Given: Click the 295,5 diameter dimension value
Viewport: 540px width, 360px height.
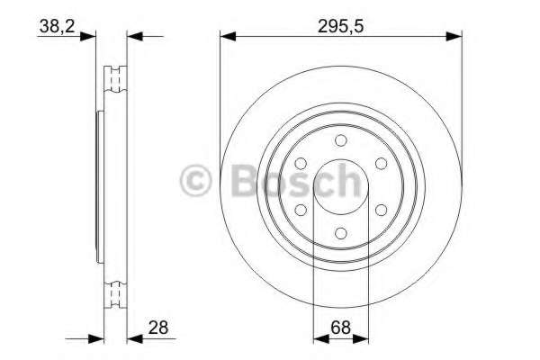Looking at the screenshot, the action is (x=340, y=26).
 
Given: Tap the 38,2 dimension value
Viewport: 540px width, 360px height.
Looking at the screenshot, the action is (x=57, y=26).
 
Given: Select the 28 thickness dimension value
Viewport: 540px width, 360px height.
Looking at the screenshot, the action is (x=158, y=328).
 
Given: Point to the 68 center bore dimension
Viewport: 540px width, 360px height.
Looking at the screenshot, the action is (x=340, y=328).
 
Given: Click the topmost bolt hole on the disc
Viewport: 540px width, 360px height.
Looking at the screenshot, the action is (x=340, y=140).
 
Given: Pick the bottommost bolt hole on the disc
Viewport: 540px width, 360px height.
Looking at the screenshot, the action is (x=340, y=233).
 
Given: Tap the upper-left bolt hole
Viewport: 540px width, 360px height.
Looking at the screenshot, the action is (x=301, y=164).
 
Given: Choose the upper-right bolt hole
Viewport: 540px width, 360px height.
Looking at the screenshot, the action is (x=381, y=164).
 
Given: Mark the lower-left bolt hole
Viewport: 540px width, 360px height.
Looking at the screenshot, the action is (x=301, y=210).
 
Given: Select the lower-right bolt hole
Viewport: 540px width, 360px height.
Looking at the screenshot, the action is (x=381, y=210).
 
